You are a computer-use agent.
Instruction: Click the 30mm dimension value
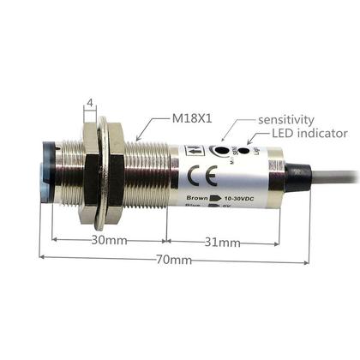(x=111, y=241)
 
